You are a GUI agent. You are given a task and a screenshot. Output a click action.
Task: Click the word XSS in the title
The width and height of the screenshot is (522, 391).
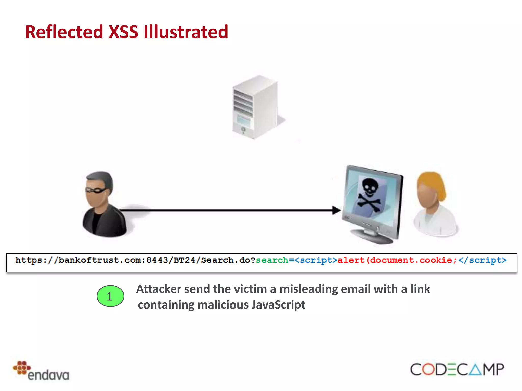click(x=123, y=32)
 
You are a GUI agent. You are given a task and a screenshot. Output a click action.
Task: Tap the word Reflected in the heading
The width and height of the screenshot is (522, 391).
click(x=64, y=32)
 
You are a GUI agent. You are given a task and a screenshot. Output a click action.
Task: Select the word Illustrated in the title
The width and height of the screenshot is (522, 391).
click(x=186, y=32)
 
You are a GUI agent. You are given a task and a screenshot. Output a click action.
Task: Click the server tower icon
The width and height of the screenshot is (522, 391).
click(x=255, y=107)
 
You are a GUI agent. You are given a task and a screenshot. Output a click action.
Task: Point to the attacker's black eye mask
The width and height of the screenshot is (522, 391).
click(x=96, y=190)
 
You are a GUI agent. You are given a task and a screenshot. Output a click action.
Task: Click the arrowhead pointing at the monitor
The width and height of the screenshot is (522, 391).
click(x=336, y=210)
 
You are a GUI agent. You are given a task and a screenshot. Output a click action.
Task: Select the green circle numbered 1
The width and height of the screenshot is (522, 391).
click(x=110, y=296)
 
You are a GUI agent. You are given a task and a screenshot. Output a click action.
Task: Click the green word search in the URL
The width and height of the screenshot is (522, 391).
click(x=272, y=260)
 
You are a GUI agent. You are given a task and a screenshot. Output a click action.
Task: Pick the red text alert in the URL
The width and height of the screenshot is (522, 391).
click(x=351, y=260)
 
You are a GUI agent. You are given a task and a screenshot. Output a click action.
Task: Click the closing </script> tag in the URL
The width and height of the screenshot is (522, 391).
click(x=482, y=260)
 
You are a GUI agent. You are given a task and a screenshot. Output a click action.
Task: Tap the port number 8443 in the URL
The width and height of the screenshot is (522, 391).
click(x=157, y=260)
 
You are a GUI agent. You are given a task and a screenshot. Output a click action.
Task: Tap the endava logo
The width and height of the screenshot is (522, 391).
click(x=41, y=371)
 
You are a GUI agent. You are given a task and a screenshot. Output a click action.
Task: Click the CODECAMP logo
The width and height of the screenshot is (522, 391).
click(x=457, y=369)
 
